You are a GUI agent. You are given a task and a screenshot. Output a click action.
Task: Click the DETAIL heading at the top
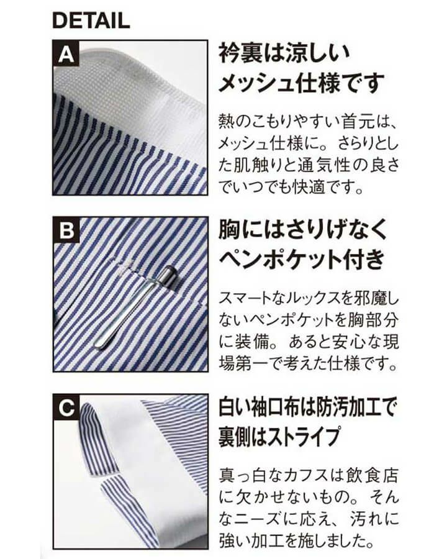click(x=91, y=20)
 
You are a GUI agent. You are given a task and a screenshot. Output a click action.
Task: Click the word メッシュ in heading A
click(x=255, y=83)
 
